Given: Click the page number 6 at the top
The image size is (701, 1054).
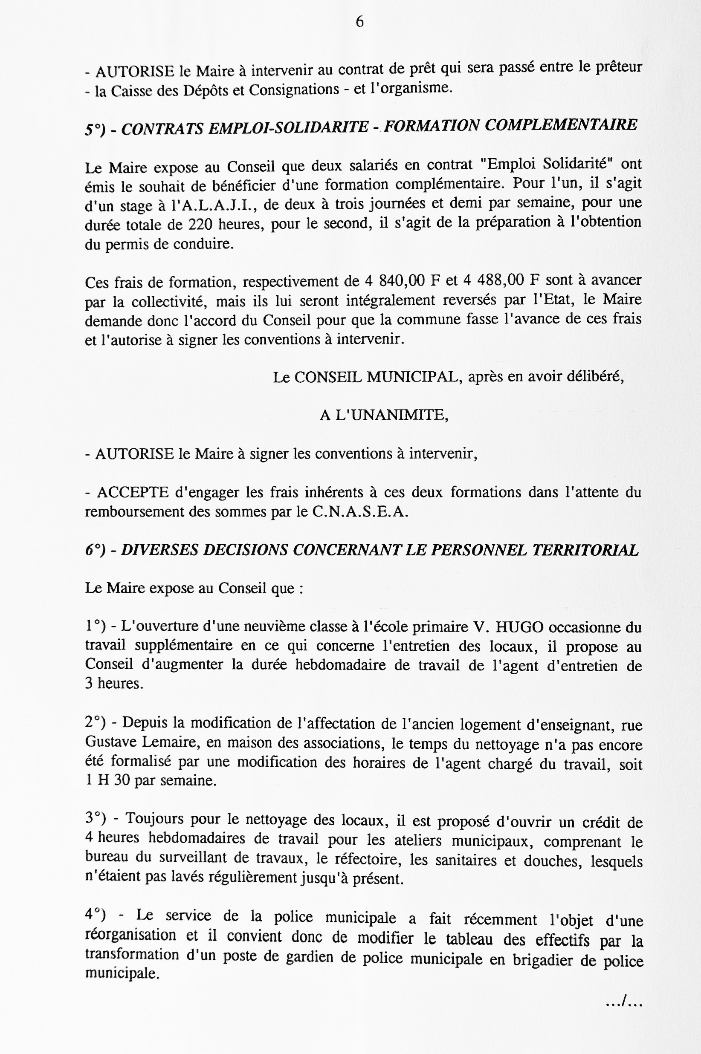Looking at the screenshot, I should pos(359,22).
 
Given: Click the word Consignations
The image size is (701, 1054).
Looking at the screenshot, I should pos(294,90).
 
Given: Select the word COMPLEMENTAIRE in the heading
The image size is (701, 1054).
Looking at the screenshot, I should pos(561,125).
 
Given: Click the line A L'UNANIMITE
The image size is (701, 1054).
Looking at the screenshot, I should pos(384,416).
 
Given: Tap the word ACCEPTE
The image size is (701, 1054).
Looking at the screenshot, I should pos(132,492).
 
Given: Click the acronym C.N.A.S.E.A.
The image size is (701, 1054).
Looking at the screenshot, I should pos(360,512).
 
